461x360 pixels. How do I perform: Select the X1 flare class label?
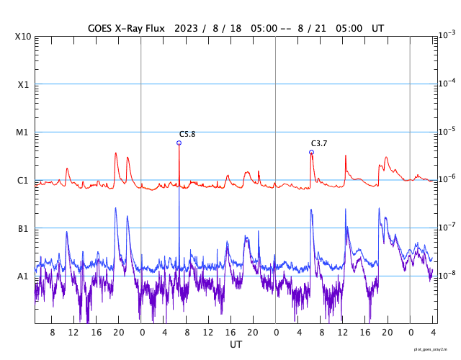pos(23,85)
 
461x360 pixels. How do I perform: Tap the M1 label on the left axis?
pos(23,132)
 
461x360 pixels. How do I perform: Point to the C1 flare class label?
pos(23,181)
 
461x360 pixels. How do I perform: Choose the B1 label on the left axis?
pos(23,229)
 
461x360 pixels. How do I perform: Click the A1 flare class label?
pos(23,276)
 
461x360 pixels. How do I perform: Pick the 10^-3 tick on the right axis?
pos(447,35)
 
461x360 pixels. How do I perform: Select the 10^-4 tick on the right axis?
pos(447,83)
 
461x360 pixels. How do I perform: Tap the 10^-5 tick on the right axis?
pos(447,131)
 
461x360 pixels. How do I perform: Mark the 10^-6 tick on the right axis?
pos(447,179)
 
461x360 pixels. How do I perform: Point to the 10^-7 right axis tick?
pos(447,227)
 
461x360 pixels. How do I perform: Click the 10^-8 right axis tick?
pos(447,275)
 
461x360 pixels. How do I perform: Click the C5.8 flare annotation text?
pos(187,135)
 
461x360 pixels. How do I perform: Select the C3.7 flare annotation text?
pos(319,143)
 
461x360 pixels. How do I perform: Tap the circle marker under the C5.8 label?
pos(179,143)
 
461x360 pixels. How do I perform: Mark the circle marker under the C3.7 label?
pos(311,152)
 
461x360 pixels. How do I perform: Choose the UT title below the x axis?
pos(236,345)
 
